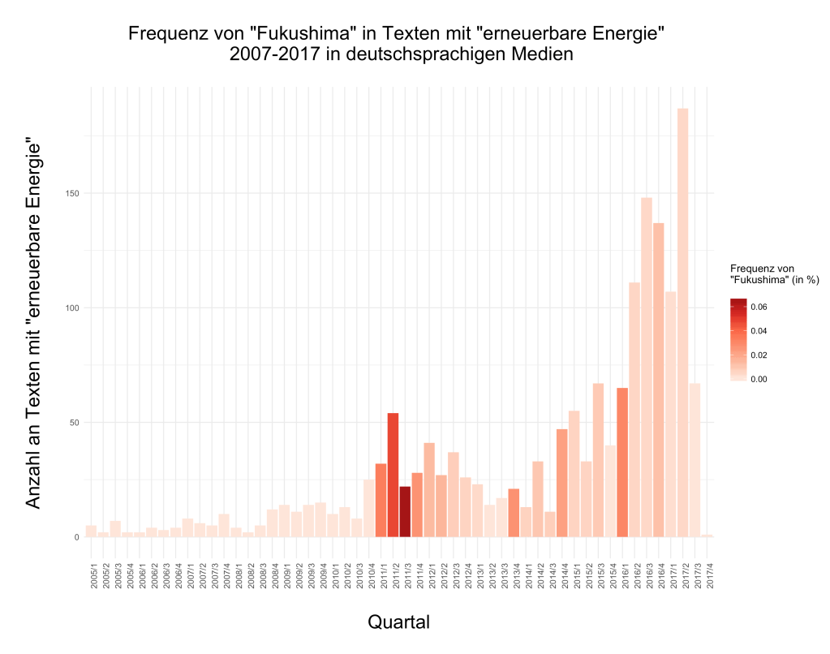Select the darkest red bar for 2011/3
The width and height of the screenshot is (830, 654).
[405, 511]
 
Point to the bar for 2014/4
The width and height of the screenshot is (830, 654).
[561, 483]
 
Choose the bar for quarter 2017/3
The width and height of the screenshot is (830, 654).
[695, 459]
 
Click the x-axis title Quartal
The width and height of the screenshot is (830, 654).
[398, 622]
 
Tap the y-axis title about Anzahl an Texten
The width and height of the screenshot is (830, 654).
[33, 325]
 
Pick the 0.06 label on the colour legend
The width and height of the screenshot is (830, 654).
[759, 307]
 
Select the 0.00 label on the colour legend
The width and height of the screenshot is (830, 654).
[759, 379]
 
